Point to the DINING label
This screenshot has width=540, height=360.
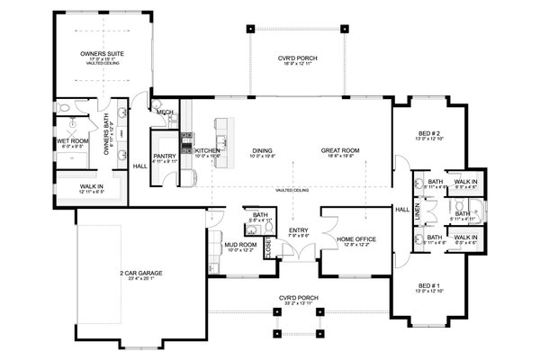click(262, 150)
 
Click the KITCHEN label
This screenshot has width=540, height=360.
click(208, 150)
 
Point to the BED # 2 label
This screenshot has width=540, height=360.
click(427, 131)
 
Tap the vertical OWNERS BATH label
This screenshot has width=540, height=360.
click(107, 140)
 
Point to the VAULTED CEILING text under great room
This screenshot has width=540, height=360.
click(295, 191)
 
